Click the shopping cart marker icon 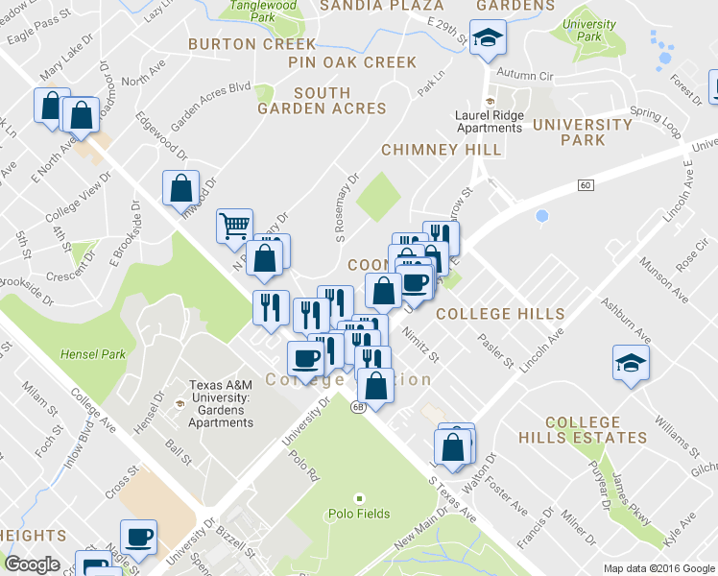coord(234,227)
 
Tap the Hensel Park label coord(93,354)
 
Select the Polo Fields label coord(361,514)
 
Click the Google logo coord(33,564)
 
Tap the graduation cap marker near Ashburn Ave coord(631,363)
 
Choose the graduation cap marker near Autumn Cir coord(489,39)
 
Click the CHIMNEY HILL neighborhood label coord(441,150)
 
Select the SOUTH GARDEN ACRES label coord(322,101)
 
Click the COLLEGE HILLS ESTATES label coord(595,430)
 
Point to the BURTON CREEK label coord(251,44)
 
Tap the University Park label coord(590,29)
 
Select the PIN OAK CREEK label coord(352,62)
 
